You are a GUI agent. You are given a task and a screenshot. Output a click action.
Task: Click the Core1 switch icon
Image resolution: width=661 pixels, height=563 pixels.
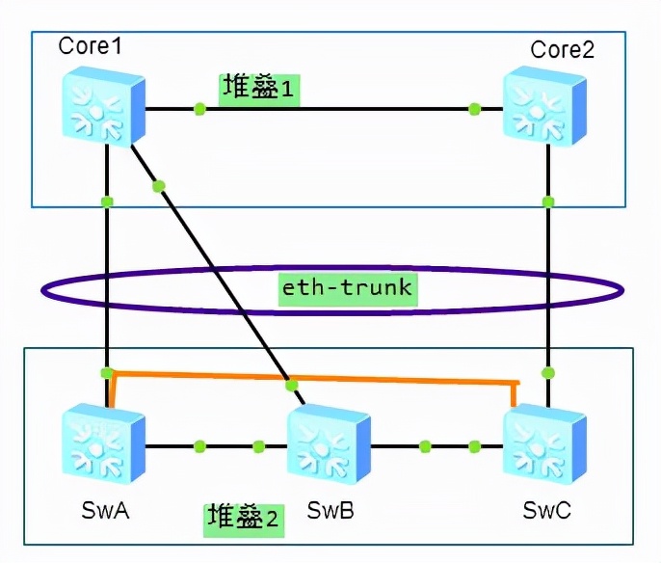pos(104,107)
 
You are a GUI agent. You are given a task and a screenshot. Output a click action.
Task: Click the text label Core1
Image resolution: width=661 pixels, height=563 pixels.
pos(90,45)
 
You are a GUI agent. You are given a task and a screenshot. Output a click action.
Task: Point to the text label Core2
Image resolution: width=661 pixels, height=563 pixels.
pos(563,49)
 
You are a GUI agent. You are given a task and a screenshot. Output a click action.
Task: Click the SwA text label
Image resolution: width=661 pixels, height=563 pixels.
pos(105,510)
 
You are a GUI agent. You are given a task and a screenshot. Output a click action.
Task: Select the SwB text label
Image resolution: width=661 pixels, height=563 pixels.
pos(330,510)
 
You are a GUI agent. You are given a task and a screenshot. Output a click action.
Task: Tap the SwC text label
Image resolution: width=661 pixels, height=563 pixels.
pos(546,510)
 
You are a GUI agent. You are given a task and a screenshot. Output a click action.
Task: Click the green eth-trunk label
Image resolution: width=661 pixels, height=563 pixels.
pos(348,290)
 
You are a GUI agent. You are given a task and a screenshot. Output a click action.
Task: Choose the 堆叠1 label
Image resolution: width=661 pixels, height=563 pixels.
pos(259,90)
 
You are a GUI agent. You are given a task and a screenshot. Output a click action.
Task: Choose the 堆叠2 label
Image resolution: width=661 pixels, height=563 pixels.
pos(244,520)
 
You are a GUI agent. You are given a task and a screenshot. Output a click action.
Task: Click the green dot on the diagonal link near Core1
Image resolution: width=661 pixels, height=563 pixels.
pos(158,186)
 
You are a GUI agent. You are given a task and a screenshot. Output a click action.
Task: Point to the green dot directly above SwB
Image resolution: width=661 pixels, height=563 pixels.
pos(291,385)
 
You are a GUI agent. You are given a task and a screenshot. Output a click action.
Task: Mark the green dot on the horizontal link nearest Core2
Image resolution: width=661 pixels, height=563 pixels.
pos(475,109)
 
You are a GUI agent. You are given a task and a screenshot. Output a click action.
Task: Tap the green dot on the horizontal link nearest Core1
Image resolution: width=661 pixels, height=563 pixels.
pos(199,109)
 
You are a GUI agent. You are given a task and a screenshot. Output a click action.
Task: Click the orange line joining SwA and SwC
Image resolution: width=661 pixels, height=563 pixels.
pos(313,378)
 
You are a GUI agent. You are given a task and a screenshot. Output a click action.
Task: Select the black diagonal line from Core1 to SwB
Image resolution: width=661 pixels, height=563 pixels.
pos(218,275)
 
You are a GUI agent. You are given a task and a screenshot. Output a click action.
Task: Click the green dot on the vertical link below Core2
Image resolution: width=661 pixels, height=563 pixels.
pos(548,201)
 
